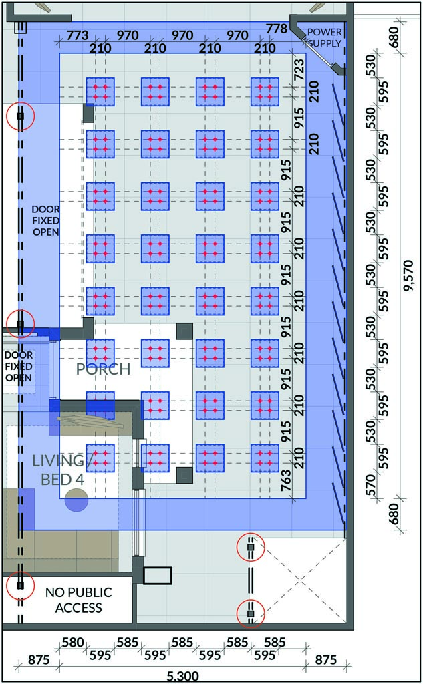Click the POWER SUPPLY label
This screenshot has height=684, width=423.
(x=324, y=37)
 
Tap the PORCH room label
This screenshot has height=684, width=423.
(x=103, y=369)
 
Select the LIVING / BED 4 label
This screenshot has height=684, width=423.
(x=61, y=470)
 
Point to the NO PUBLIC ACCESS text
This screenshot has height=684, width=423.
(x=79, y=600)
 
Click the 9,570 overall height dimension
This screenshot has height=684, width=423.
(x=408, y=275)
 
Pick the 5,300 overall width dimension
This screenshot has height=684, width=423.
(x=182, y=677)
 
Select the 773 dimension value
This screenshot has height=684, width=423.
(x=78, y=35)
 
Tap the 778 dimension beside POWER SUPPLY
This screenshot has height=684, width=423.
(x=277, y=29)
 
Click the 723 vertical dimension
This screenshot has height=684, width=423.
(x=299, y=69)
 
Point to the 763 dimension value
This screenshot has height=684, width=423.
(x=286, y=480)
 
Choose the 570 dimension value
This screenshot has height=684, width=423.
(x=370, y=485)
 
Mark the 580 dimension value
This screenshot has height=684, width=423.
(x=73, y=642)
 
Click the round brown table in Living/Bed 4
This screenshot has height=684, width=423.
(x=76, y=500)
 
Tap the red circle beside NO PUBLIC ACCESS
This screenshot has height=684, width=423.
(x=21, y=586)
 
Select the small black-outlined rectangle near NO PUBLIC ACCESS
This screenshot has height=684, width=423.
(x=158, y=575)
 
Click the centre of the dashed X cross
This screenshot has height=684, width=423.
(x=299, y=580)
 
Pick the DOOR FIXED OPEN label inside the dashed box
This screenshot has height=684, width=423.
(x=19, y=367)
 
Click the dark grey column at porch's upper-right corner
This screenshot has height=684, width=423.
(x=184, y=331)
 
